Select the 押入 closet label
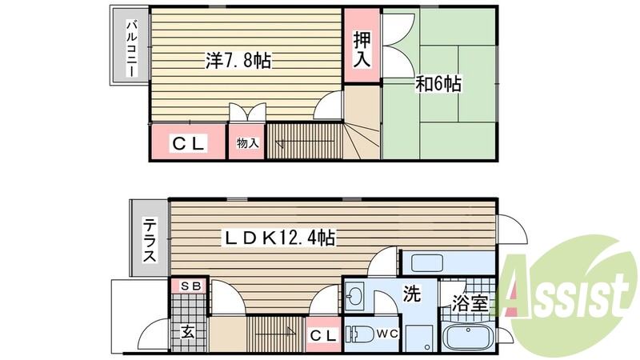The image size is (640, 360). pyautogui.click(x=362, y=47)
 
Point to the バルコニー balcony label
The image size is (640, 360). pyautogui.click(x=130, y=48)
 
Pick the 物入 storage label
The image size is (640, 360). pyautogui.click(x=248, y=144)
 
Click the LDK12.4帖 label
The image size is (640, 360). pyautogui.click(x=278, y=237)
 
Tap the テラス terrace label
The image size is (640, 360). pyautogui.click(x=150, y=241)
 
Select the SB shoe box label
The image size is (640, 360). pyautogui.click(x=189, y=286)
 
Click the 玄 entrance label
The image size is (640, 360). pyautogui.click(x=186, y=330)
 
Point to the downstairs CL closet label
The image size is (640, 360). pyautogui.click(x=322, y=335)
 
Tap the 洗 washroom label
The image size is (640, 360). pyautogui.click(x=411, y=294)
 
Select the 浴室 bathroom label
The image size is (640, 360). pyautogui.click(x=470, y=304)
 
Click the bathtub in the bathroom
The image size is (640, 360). pyautogui.click(x=466, y=339)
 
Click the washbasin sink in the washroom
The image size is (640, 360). pyautogui.click(x=354, y=298)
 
